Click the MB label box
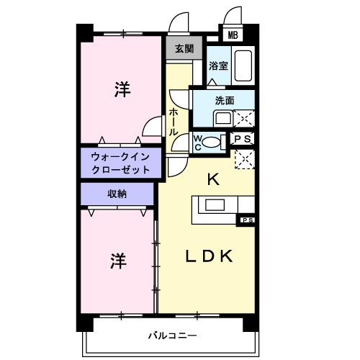(x=233, y=34)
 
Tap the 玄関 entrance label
(x=184, y=49)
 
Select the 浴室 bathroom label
(x=218, y=66)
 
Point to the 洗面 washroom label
(x=224, y=101)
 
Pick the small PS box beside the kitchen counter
(x=247, y=220)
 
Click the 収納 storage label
(x=117, y=193)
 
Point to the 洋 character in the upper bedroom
(x=122, y=89)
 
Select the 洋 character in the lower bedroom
(x=120, y=261)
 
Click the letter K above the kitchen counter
(x=213, y=180)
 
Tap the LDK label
(x=210, y=256)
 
